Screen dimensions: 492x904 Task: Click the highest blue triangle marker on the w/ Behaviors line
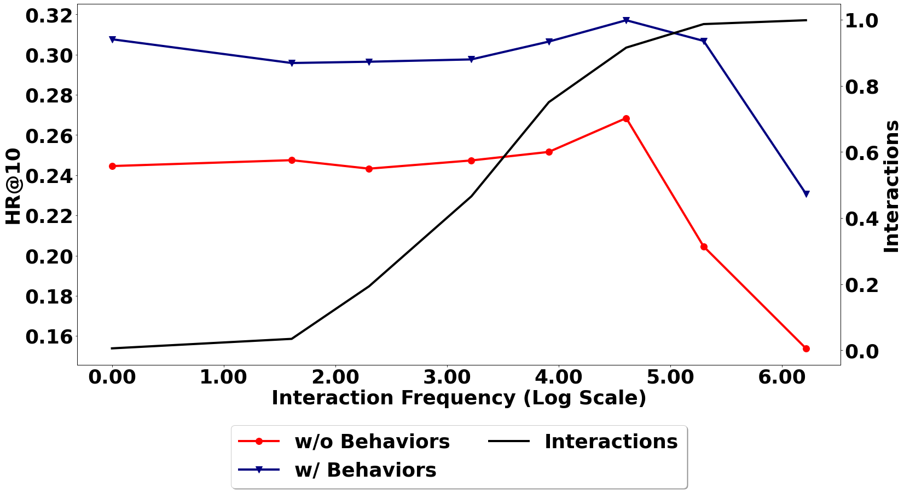[x=626, y=21]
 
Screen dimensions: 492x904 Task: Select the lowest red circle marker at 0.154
[x=806, y=348]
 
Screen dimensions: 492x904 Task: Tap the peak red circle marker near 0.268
[x=626, y=118]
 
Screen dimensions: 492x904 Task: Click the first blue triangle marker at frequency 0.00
[x=112, y=39]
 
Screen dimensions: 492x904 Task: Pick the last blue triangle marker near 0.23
[x=806, y=194]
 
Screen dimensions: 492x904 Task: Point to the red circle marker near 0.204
[x=704, y=247]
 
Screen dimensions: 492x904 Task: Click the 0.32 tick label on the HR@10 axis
[x=49, y=16]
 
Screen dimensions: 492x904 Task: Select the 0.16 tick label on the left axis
[x=49, y=336]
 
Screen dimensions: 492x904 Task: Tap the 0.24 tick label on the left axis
[x=49, y=176]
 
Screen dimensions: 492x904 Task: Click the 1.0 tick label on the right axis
[x=862, y=21]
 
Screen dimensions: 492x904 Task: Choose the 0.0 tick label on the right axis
[x=862, y=351]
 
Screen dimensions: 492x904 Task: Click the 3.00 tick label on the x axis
[x=447, y=377]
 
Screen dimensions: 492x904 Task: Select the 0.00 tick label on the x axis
[x=112, y=377]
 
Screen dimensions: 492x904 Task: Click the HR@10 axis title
[x=13, y=186]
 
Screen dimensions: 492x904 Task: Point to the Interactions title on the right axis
[x=892, y=186]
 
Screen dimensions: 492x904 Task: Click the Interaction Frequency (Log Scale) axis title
[x=459, y=398]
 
